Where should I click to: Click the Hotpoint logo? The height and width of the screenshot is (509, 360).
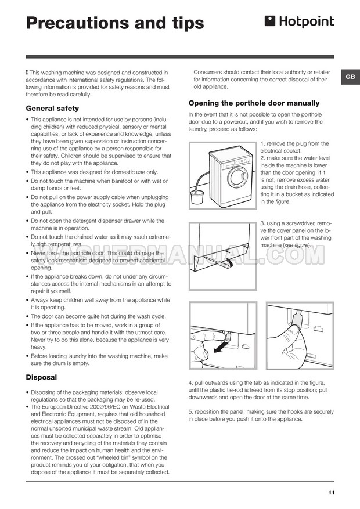300,22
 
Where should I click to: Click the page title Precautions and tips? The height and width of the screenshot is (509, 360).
115,23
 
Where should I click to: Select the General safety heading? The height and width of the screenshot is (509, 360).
52,108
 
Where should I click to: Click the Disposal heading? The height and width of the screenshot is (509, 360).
41,377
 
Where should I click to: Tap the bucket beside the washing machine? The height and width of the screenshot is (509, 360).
197,198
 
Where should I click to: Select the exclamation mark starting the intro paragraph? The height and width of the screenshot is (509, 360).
27,72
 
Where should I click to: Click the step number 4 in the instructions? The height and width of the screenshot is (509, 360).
190,383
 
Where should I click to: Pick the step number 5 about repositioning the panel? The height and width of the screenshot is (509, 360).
190,412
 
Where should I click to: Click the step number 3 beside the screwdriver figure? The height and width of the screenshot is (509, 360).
262,223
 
